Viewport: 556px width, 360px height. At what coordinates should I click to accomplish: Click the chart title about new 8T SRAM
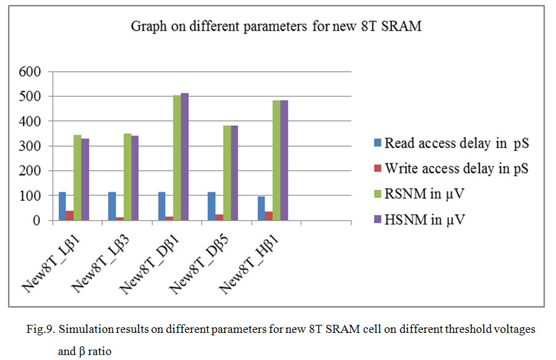[x=276, y=27]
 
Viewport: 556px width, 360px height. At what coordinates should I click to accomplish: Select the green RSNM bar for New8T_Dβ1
[x=160, y=158]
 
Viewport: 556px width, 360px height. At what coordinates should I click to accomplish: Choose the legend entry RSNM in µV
[x=425, y=193]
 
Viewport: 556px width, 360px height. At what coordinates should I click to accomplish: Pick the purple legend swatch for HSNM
[x=377, y=218]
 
